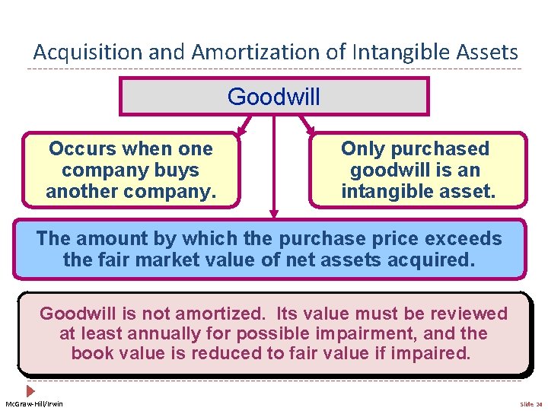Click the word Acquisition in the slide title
tap(77, 53)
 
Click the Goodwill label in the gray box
tap(274, 97)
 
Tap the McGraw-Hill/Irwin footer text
tap(34, 403)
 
